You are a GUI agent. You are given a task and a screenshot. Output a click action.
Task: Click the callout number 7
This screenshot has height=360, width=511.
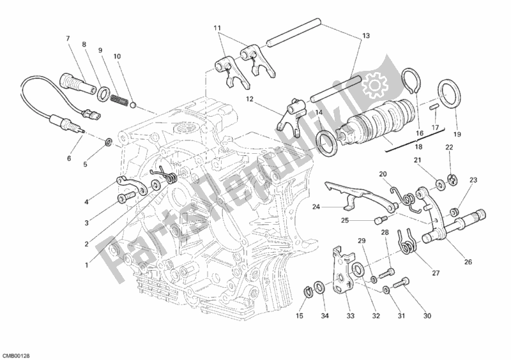(67, 39)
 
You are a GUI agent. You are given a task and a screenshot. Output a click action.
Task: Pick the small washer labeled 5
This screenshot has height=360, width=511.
(109, 140)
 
